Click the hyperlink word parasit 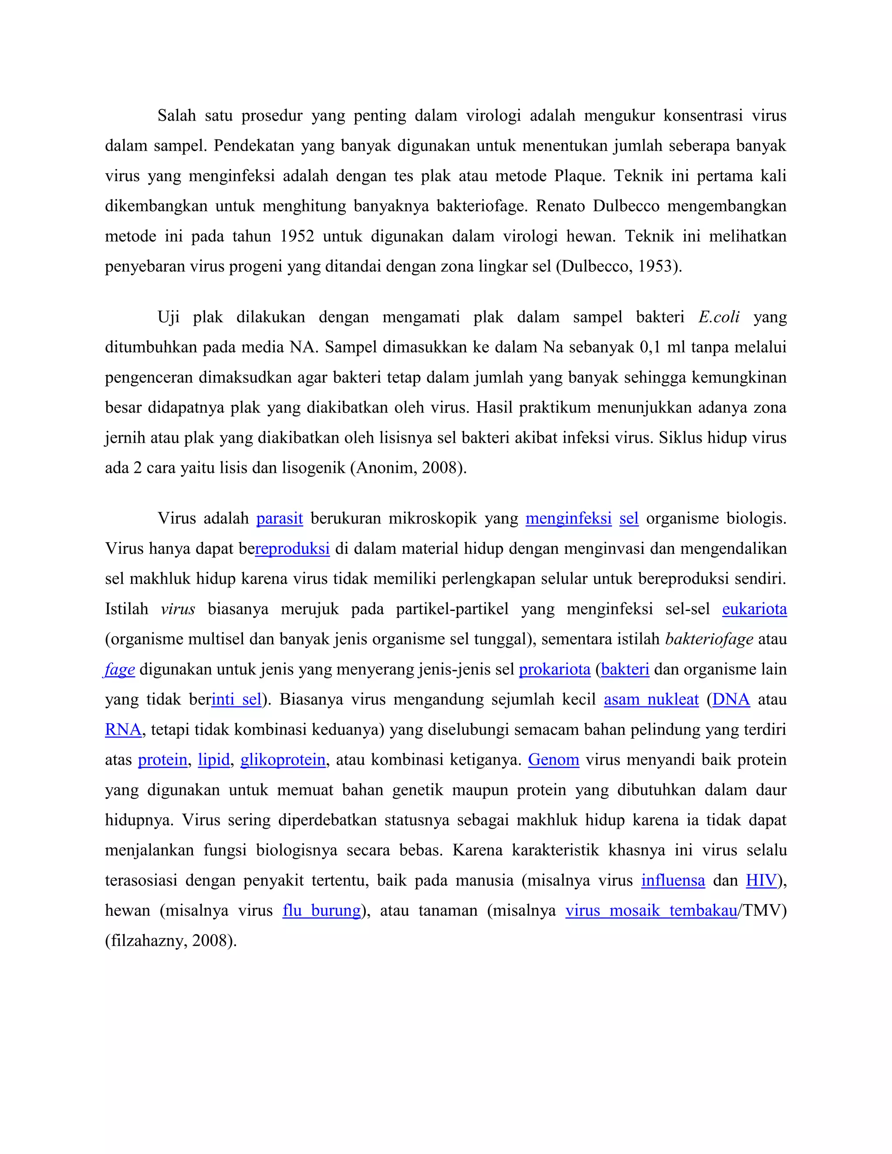[x=280, y=518]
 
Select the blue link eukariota [x=754, y=609]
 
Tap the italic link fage [x=120, y=669]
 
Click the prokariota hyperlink [x=554, y=669]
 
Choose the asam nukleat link [x=651, y=700]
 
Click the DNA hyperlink [x=731, y=700]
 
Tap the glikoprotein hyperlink [x=283, y=760]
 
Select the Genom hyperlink [x=553, y=760]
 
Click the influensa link [x=672, y=880]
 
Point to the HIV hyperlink [x=761, y=880]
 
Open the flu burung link [x=321, y=911]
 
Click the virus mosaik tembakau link [x=651, y=911]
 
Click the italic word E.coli [x=719, y=317]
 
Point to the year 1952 [x=297, y=236]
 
